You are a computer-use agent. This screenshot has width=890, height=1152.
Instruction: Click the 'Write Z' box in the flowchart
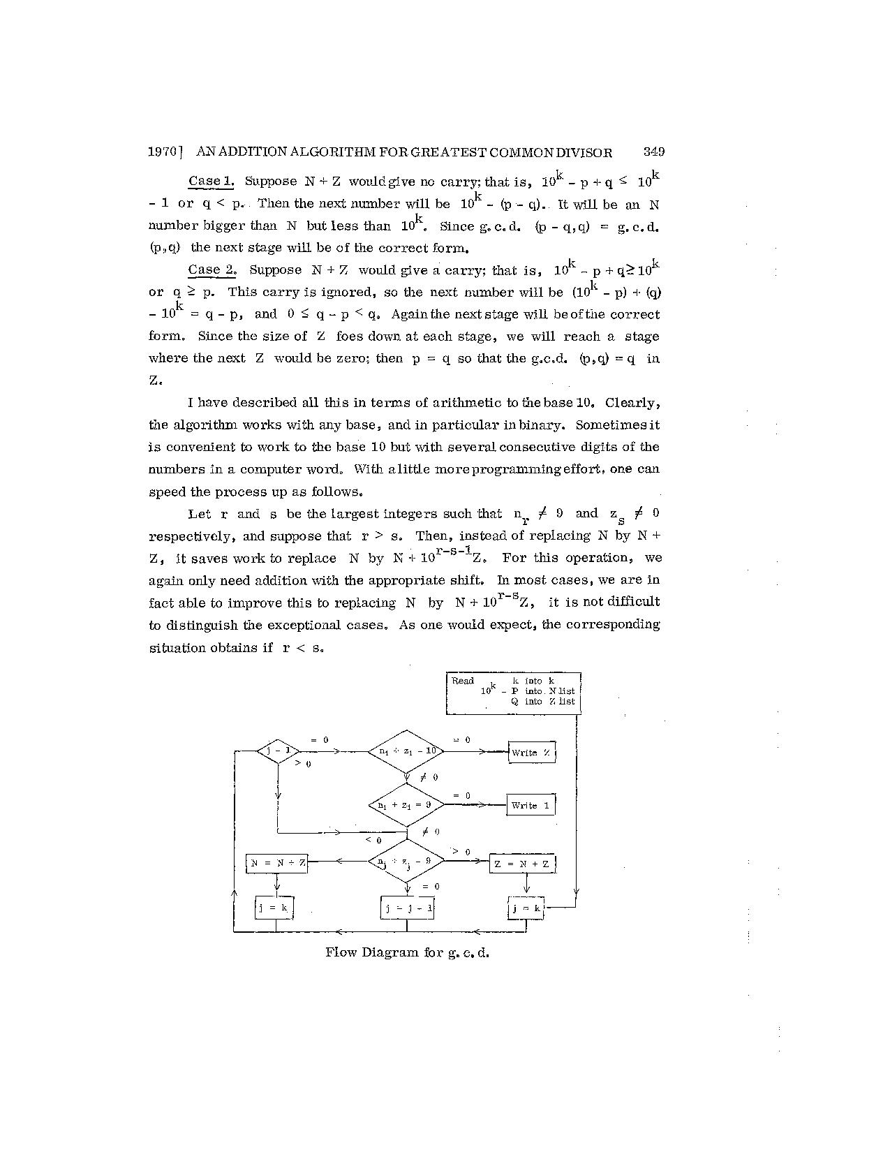[531, 752]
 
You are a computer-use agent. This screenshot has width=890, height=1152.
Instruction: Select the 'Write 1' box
[531, 805]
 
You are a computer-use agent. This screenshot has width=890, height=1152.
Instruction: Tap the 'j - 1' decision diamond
[278, 751]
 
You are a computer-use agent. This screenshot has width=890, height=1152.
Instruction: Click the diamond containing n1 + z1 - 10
[407, 751]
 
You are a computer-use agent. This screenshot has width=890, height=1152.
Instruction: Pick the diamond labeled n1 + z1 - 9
[407, 804]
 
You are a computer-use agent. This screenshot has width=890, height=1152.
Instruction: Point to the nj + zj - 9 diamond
[407, 862]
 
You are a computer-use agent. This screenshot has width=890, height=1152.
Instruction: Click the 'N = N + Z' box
[277, 863]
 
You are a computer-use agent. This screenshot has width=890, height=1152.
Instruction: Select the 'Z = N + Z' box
[522, 864]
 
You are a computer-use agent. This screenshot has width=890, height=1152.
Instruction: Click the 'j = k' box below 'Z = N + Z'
[526, 908]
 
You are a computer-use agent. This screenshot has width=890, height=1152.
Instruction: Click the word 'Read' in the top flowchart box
[463, 681]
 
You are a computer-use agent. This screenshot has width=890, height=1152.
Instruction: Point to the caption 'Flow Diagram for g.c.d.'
[407, 952]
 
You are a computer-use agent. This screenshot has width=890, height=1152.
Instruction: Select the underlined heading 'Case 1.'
[211, 182]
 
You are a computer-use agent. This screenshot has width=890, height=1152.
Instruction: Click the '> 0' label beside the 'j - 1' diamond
[303, 764]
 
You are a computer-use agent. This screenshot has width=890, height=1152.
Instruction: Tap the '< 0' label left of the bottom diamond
[373, 840]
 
